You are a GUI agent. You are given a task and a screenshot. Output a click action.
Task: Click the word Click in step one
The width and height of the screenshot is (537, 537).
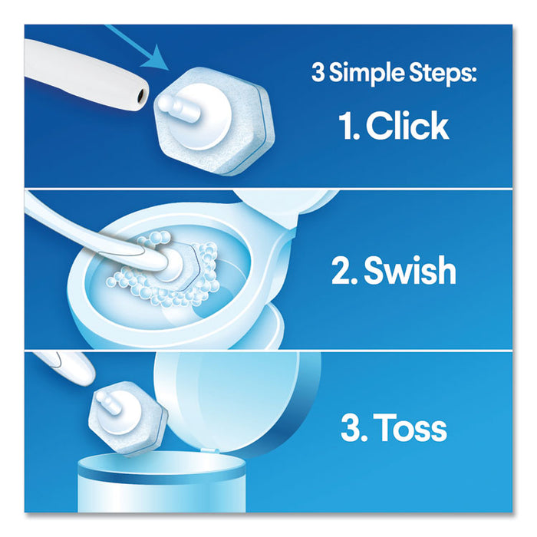click(407, 126)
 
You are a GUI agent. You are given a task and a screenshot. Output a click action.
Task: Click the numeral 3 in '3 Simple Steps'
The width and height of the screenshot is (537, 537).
click(317, 75)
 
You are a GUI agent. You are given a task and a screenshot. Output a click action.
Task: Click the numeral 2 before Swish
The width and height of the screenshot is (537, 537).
click(340, 272)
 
